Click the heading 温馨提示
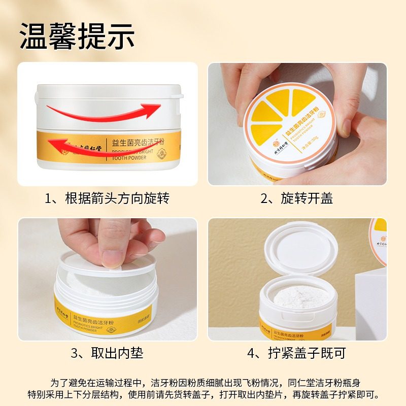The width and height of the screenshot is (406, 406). (x=77, y=36)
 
